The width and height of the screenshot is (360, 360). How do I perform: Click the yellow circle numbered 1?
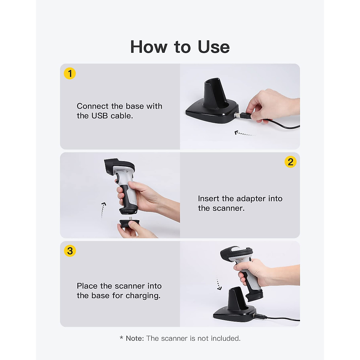click(70, 73)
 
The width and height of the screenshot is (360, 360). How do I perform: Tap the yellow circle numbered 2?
click(290, 162)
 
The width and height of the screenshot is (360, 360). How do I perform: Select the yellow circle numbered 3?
click(70, 251)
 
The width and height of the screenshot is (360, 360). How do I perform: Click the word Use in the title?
click(214, 47)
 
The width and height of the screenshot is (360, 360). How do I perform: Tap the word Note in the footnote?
click(135, 338)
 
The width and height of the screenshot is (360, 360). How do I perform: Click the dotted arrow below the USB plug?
click(244, 133)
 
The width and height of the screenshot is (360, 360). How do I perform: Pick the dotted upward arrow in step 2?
click(103, 210)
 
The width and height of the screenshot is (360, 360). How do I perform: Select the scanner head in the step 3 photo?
click(235, 253)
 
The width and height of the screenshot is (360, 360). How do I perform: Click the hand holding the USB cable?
click(270, 105)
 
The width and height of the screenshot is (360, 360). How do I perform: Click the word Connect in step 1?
click(93, 106)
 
